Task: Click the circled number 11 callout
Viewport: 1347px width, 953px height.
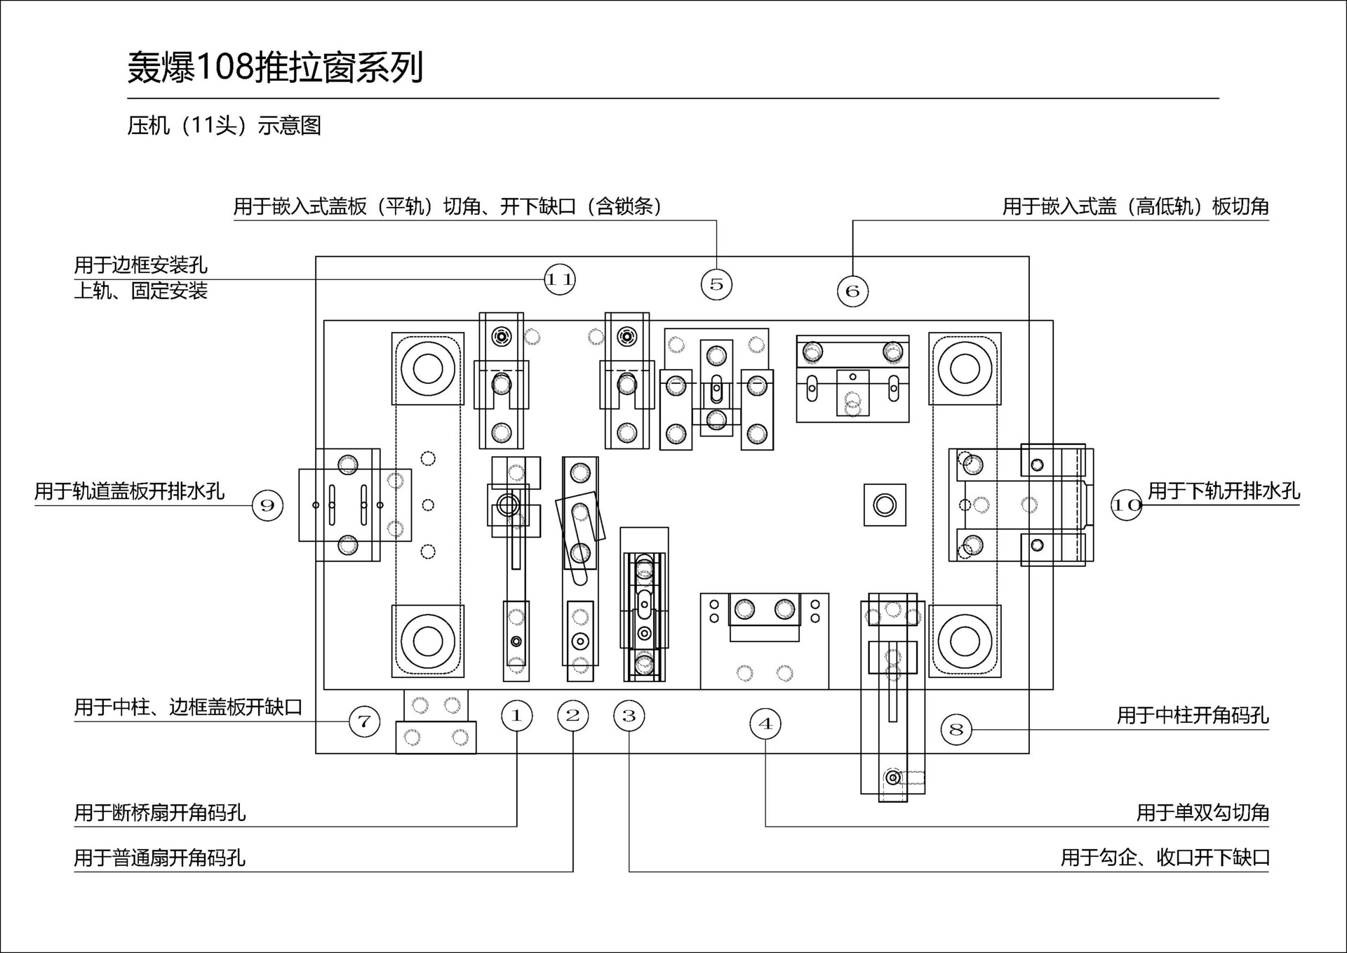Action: coord(559,279)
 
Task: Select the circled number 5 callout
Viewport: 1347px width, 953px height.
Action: coord(716,284)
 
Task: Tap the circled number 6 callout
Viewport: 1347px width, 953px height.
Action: coord(852,291)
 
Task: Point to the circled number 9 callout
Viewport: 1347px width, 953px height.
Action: coord(267,505)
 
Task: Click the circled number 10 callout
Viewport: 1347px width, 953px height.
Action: coord(1126,505)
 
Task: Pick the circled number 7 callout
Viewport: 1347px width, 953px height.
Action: coord(364,721)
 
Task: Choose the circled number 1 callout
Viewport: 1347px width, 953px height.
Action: coord(517,716)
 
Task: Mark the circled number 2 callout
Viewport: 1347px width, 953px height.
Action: coord(573,716)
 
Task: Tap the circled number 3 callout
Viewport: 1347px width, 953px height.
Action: coord(629,716)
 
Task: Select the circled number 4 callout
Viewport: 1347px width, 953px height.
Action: coord(765,724)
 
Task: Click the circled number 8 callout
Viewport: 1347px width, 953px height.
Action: coord(956,729)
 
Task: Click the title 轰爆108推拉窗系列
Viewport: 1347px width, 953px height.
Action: coord(275,68)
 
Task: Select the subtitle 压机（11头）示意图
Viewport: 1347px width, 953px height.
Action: coord(224,126)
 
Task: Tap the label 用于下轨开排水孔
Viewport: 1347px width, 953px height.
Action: coord(1224,491)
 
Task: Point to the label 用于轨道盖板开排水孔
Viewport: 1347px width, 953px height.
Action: coord(130,491)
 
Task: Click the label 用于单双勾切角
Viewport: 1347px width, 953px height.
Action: coord(1202,813)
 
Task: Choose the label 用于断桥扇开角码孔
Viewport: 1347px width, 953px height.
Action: coord(160,813)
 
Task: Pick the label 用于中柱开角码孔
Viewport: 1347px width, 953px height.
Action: coord(1193,715)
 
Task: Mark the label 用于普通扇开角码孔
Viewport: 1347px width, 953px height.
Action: coord(160,858)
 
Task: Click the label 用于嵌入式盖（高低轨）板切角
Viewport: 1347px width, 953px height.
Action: coord(1135,206)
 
